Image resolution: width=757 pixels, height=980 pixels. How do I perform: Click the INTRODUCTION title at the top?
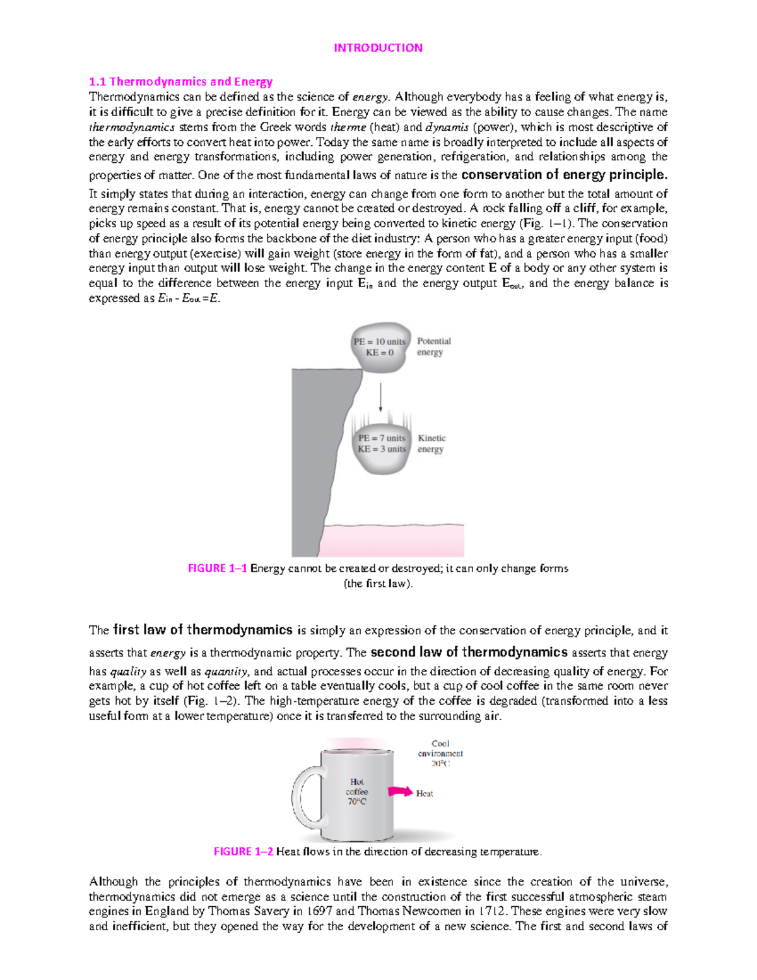[378, 48]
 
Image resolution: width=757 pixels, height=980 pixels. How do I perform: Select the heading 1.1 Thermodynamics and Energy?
[180, 81]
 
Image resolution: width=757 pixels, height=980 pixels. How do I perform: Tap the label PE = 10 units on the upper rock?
[379, 341]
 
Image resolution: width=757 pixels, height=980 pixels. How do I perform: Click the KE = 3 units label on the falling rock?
[382, 449]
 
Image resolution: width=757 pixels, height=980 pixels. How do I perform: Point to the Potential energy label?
[433, 346]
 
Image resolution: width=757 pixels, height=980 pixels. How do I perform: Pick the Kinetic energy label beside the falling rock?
[431, 444]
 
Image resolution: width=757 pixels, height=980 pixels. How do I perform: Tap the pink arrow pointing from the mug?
[400, 791]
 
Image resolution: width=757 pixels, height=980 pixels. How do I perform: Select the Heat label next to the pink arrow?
[425, 793]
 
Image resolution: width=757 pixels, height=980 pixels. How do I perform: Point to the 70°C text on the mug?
[356, 802]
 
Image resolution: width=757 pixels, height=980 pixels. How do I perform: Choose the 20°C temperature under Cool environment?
[440, 764]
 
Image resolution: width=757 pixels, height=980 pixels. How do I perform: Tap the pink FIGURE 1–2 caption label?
[244, 852]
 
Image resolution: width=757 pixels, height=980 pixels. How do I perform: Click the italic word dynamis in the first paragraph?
[447, 127]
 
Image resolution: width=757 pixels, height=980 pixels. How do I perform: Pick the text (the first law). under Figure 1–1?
[378, 584]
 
